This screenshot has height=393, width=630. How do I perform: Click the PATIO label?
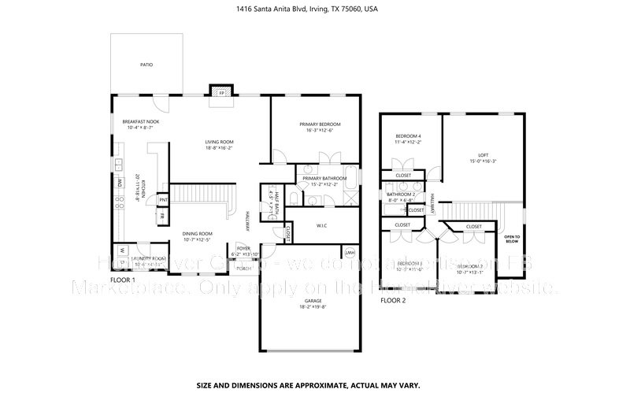(x=146, y=65)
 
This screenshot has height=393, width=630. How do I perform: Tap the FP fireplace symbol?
(x=222, y=92)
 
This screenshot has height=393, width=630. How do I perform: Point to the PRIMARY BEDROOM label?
(x=320, y=124)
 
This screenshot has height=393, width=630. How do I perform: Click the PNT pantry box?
(x=162, y=201)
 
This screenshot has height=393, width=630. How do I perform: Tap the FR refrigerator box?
(x=161, y=216)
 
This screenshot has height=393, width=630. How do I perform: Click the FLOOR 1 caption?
(x=122, y=280)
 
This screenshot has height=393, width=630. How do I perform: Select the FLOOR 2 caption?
(x=393, y=300)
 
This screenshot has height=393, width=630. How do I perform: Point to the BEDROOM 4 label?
(x=408, y=137)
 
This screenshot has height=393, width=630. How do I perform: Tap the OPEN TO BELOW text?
(x=512, y=239)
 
